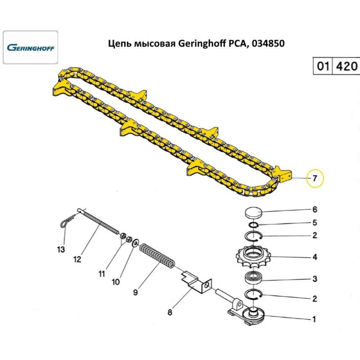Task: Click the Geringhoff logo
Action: pos(31,48)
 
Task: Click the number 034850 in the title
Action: pos(267,44)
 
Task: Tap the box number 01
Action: pos(323,66)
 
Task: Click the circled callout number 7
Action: pos(315,178)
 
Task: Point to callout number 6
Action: pos(315,210)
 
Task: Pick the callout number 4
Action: pos(315,257)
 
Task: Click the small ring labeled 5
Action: pos(254,225)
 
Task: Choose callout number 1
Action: pos(314,319)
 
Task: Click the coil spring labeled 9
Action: pos(157,256)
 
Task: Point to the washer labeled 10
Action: pos(135,244)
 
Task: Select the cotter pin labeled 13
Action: pos(66,223)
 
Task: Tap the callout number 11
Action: pos(102,274)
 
